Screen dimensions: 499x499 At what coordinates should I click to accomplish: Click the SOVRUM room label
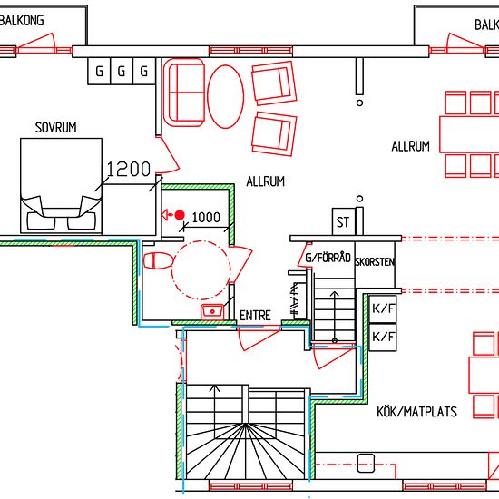pos(55,128)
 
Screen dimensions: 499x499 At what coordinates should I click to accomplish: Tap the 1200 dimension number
pos(128,169)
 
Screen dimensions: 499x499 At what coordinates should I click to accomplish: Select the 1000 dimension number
pos(206,218)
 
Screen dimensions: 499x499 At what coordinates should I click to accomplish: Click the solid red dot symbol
pos(180,215)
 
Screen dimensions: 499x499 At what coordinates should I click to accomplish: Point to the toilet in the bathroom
pos(158,261)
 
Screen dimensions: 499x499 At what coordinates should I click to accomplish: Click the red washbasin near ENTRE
pos(212,312)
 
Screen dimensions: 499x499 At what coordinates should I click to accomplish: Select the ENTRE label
pos(255,316)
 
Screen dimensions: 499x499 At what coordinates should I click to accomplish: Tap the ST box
pos(343,221)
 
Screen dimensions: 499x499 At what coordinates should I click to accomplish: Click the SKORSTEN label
pos(375,262)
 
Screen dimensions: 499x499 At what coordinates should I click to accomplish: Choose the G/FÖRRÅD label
pos(328,258)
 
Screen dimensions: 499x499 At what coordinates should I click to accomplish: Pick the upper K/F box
pos(383,308)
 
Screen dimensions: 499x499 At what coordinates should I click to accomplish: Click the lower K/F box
pos(383,337)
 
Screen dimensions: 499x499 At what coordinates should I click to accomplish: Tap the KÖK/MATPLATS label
pos(417,412)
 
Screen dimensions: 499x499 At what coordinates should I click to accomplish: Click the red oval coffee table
pos(226,96)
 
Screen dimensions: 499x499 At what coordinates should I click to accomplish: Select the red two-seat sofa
pos(184,93)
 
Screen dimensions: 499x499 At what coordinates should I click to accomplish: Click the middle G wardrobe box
pos(122,71)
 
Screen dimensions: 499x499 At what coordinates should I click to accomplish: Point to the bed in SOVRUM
pos(61,186)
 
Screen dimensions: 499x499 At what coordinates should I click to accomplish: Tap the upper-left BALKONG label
pos(22,21)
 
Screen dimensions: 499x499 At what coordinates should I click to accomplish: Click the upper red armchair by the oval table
pos(274,83)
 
